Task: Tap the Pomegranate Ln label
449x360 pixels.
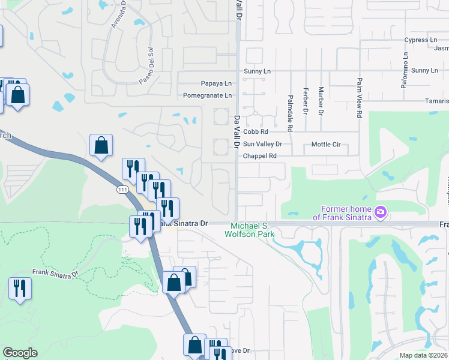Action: point(207,95)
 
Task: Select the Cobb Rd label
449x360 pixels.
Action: point(255,131)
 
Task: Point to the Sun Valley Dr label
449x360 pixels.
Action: point(262,144)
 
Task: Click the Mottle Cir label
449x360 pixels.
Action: point(326,145)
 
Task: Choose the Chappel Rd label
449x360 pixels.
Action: point(259,156)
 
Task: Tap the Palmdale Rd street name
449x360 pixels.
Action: point(290,113)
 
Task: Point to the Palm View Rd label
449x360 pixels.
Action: point(360,97)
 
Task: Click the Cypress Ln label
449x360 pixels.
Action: point(420,40)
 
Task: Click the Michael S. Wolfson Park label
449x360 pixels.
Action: point(249,230)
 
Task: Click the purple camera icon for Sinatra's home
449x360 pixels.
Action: point(380,212)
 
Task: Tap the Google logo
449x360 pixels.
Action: point(20,353)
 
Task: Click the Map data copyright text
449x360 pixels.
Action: point(424,355)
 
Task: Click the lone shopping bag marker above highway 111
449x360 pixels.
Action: point(101,145)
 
